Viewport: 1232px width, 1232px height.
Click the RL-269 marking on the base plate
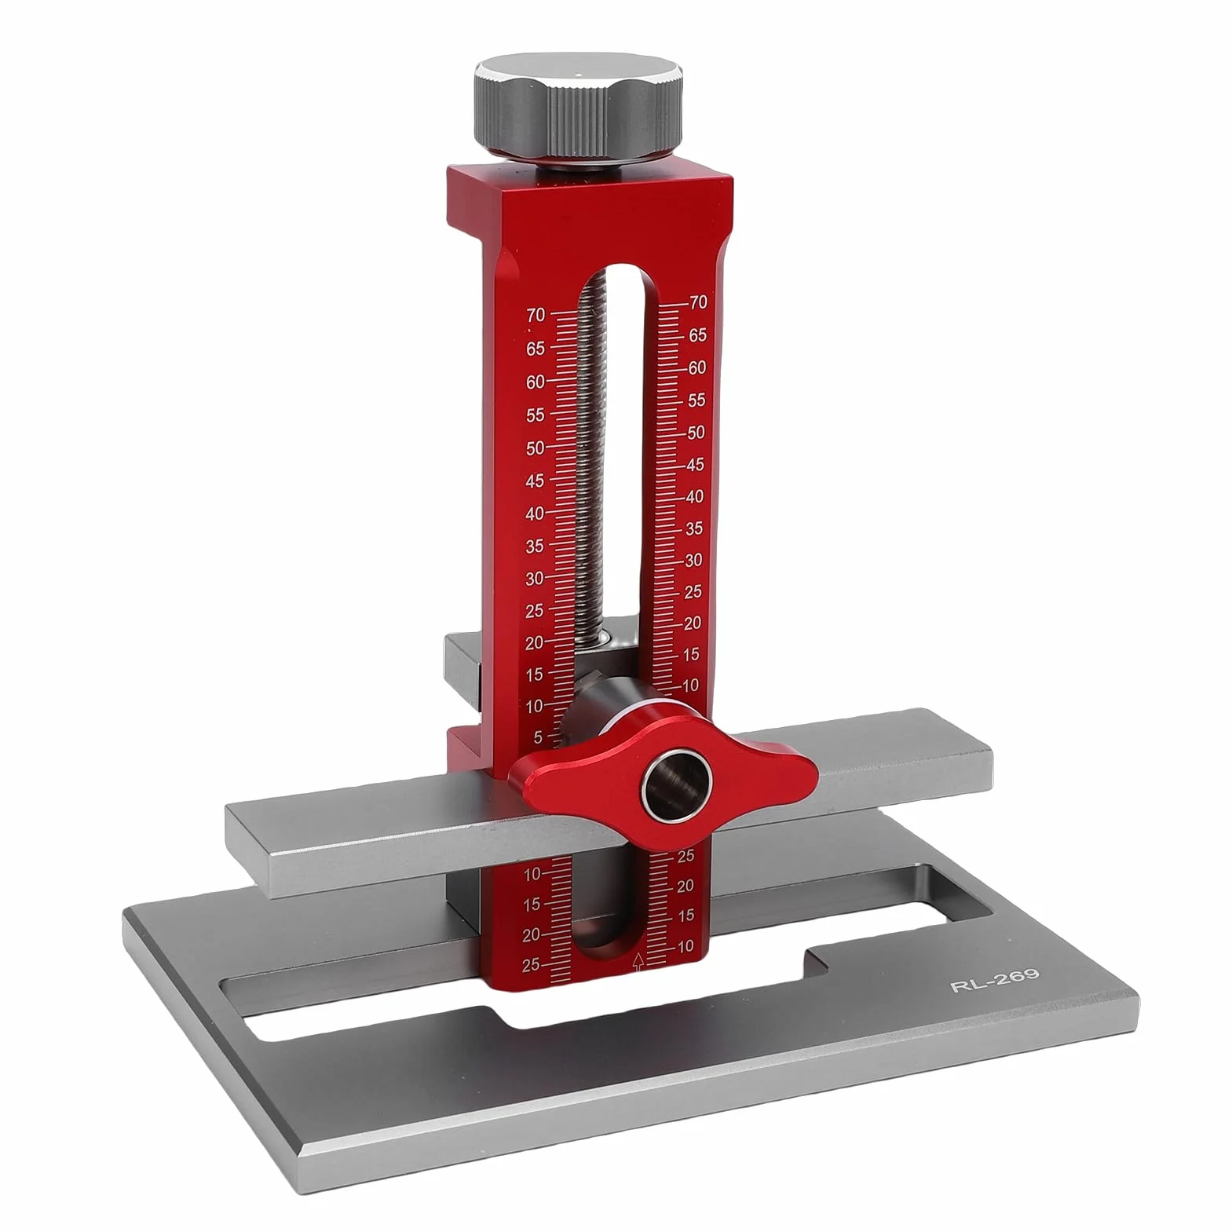[994, 979]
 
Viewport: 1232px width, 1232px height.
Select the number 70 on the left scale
[536, 315]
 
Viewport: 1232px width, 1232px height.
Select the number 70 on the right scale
[697, 302]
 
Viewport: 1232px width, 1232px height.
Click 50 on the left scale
[536, 448]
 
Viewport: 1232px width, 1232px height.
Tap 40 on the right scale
[694, 496]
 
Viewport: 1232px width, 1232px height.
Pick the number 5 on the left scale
[538, 737]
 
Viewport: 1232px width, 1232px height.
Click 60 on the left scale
[536, 382]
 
